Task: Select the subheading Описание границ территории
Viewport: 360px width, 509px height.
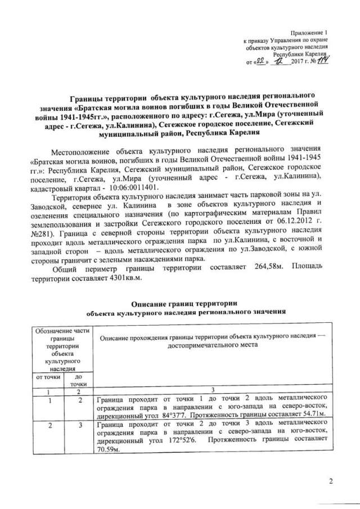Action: (x=185, y=304)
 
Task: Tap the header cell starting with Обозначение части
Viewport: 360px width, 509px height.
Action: (x=63, y=332)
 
